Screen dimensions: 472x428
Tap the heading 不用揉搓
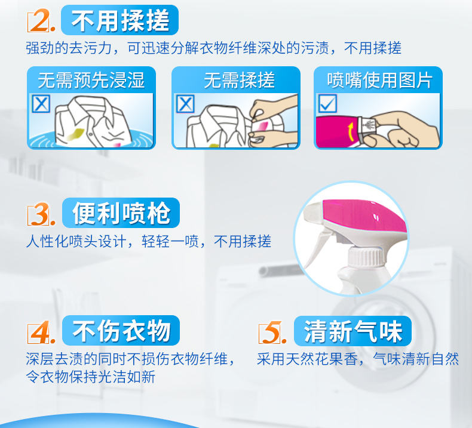coord(120,20)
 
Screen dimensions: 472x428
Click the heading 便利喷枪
coord(121,213)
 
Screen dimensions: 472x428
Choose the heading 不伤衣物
coord(121,331)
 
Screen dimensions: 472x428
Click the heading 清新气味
coord(353,331)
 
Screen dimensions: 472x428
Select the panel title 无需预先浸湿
coord(91,81)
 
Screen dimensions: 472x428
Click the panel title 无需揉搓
coord(240,81)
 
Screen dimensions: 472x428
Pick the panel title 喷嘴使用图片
coord(380,81)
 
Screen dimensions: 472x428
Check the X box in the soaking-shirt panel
coord(41,104)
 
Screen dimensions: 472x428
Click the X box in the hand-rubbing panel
coord(185,104)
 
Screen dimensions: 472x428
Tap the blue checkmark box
coord(327,103)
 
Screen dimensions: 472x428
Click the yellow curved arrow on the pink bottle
coord(350,131)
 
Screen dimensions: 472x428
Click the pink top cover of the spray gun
coord(365,217)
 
